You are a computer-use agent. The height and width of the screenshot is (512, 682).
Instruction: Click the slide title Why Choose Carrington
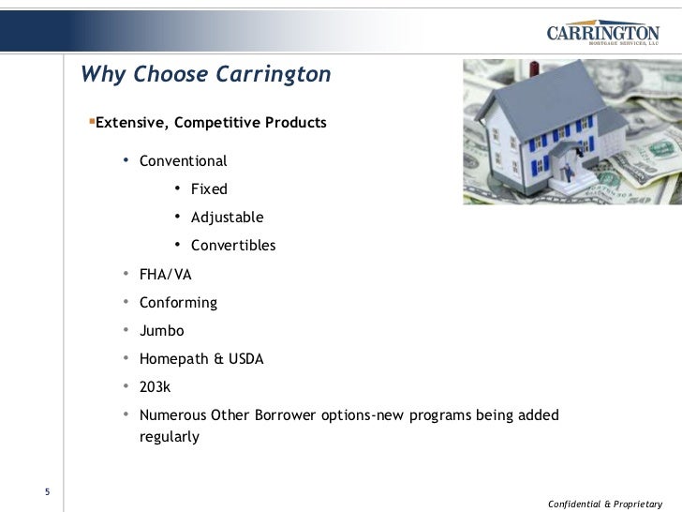[x=205, y=74]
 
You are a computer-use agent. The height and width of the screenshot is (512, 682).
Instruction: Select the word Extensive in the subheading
[x=133, y=123]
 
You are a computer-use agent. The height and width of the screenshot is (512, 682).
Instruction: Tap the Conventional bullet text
[x=183, y=160]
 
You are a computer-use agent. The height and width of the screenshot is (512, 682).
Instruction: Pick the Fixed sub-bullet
[x=209, y=189]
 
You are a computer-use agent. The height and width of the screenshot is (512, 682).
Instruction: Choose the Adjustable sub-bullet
[x=227, y=218]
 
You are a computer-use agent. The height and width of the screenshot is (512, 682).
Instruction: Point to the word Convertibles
[x=233, y=246]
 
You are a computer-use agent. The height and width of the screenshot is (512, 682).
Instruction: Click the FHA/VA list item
[x=165, y=275]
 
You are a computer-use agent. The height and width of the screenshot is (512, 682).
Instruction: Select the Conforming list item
[x=178, y=303]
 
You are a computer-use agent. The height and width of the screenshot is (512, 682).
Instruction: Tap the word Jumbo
[x=162, y=331]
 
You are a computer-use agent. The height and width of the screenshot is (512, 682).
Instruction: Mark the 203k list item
[x=156, y=387]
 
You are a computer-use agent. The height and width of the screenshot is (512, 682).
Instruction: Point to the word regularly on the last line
[x=170, y=437]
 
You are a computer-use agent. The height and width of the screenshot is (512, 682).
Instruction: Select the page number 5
[x=47, y=493]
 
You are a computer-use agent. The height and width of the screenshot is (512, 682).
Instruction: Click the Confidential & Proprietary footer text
[x=604, y=504]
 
